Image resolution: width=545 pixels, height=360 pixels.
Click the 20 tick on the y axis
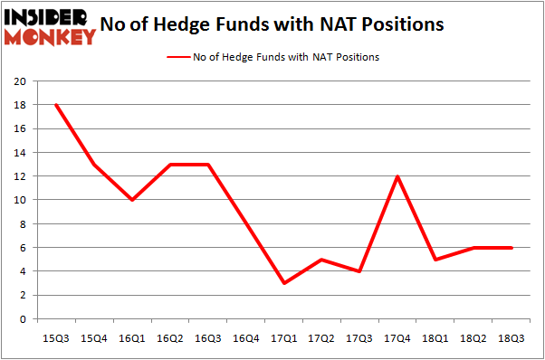pos(21,81)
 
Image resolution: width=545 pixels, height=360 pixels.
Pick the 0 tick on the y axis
pos(24,319)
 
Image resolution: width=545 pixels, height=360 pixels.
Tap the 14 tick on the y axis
pos(21,153)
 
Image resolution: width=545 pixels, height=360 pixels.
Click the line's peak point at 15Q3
pos(56,105)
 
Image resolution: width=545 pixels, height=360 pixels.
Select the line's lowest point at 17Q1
pos(284,283)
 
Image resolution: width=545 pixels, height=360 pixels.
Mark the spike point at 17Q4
pos(398,176)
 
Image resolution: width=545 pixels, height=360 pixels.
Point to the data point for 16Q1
pos(132,200)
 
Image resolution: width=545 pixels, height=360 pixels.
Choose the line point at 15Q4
pos(94,165)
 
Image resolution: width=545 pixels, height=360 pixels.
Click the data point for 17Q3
pos(360,271)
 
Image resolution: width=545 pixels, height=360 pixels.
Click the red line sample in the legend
pos(177,56)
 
